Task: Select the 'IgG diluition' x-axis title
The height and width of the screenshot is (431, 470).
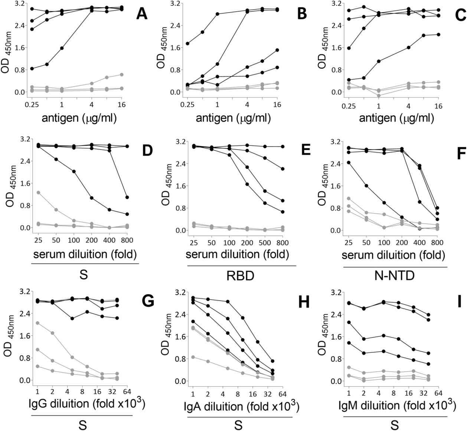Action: tap(87, 405)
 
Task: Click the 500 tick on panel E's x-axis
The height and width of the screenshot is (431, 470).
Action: tap(265, 243)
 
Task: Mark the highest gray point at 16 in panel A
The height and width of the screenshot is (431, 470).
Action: tap(121, 75)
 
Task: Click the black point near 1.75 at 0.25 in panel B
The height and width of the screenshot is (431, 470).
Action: tap(188, 43)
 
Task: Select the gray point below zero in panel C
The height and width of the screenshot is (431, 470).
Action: tap(379, 96)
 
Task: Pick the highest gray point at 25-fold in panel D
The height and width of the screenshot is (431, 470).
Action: tap(38, 193)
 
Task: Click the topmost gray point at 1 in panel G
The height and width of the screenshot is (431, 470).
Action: tap(37, 323)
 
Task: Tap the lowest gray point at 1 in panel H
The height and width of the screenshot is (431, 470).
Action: tap(193, 357)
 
